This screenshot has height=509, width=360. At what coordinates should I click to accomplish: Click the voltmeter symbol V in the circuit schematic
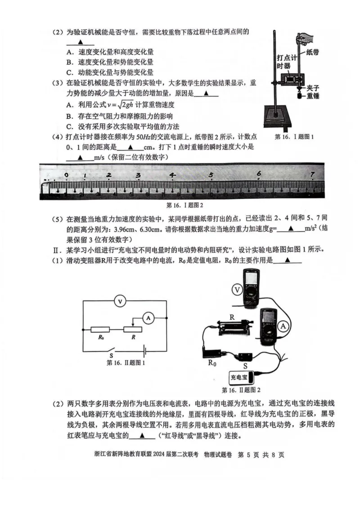click(119, 301)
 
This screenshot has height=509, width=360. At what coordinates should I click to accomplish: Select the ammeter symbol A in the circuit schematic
click(148, 317)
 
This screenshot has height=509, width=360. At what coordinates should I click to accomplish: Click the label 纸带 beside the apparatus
click(312, 52)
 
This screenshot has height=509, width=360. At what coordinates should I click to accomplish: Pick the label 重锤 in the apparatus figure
click(313, 95)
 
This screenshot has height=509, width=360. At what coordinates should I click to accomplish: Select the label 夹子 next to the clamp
click(313, 87)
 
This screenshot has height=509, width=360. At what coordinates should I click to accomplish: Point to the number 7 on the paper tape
click(312, 174)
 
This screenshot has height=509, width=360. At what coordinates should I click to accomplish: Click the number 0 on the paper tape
click(67, 175)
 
